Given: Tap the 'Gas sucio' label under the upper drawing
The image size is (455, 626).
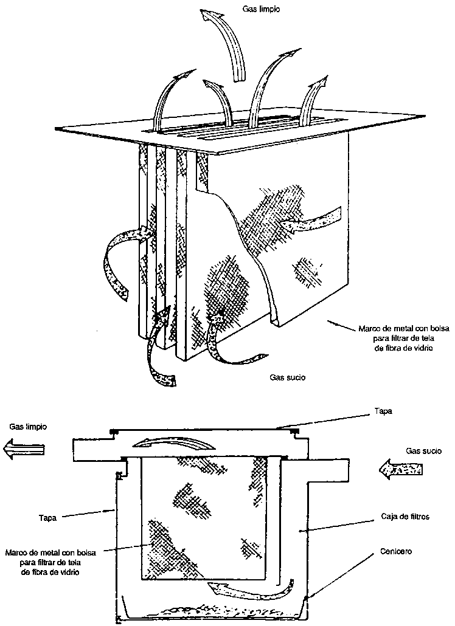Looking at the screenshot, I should pyautogui.click(x=287, y=377).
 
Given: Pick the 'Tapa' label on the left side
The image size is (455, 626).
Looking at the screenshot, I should pyautogui.click(x=47, y=518).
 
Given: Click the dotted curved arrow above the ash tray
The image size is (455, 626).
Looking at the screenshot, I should pyautogui.click(x=249, y=588).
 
